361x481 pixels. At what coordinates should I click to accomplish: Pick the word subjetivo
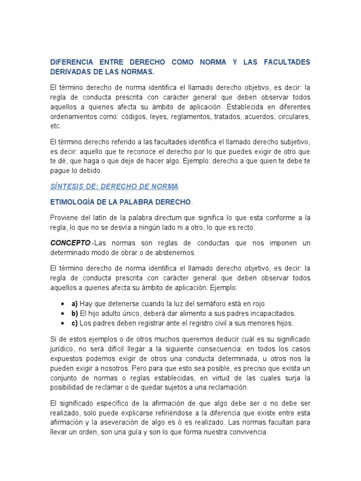(x=291, y=141)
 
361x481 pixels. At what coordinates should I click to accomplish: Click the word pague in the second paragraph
(x=59, y=171)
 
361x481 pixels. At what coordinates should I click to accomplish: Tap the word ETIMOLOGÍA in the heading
(x=75, y=202)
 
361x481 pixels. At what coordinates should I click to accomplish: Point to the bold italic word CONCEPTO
(x=70, y=243)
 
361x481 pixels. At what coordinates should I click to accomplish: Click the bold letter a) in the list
(x=75, y=303)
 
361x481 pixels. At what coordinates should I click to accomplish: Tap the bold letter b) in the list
(x=75, y=313)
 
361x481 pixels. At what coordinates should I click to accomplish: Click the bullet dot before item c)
(x=63, y=323)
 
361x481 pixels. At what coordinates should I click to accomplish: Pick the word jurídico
(x=64, y=349)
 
